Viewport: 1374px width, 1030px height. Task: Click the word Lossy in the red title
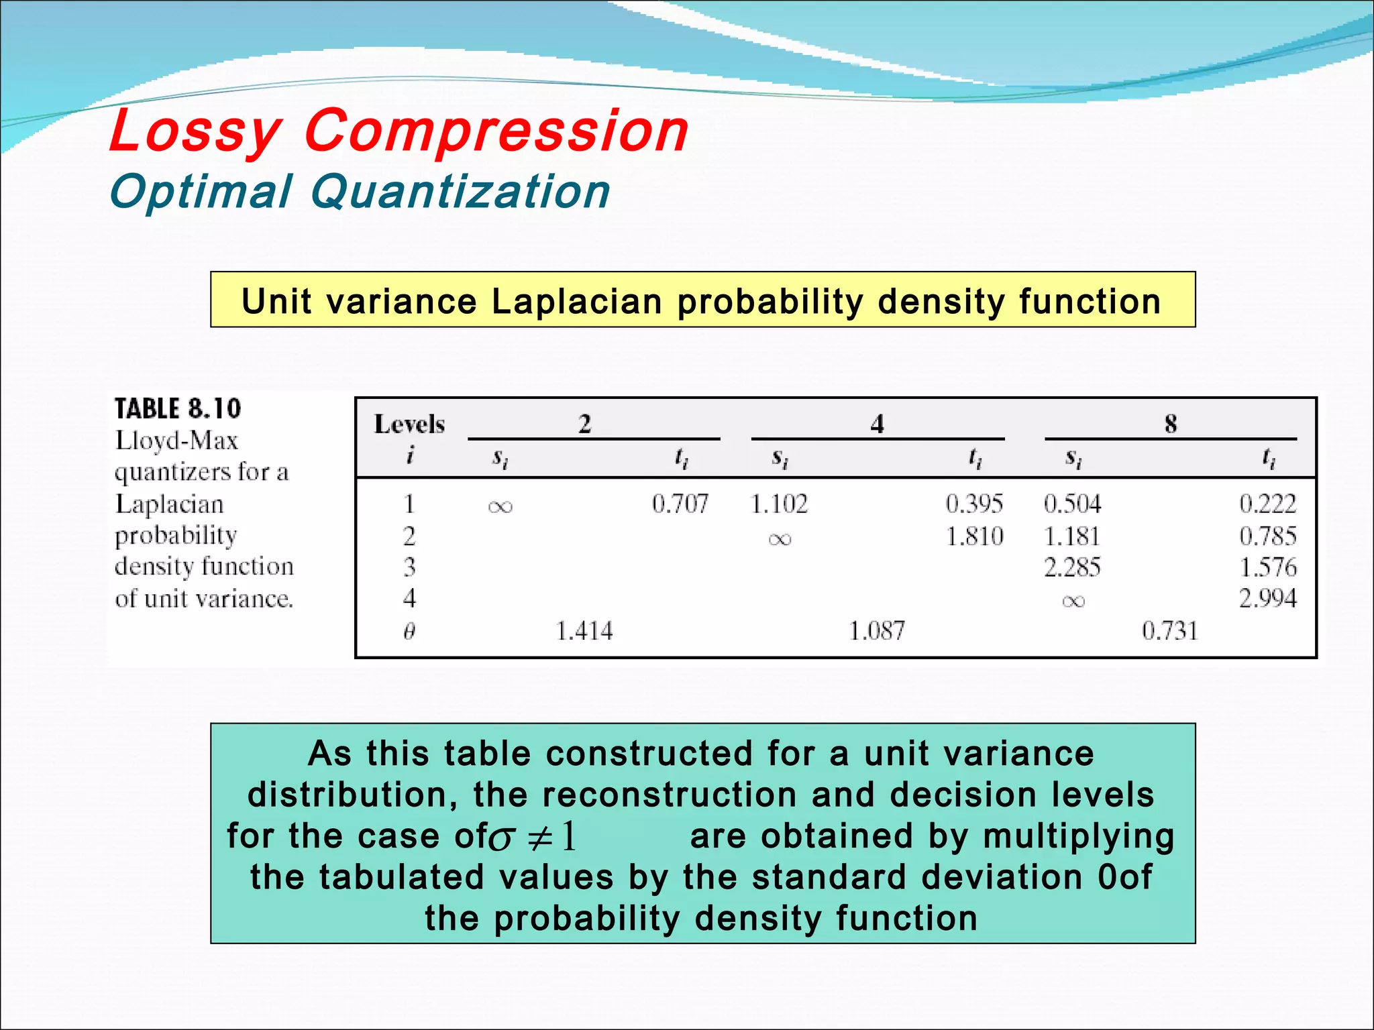[x=195, y=132]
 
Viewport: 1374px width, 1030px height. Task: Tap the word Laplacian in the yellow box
[x=576, y=301]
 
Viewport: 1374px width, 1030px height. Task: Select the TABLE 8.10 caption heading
[x=177, y=408]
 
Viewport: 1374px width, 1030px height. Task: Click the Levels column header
[x=409, y=424]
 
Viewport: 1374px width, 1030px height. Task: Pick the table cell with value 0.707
[x=680, y=504]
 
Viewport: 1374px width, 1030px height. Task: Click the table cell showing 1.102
[x=779, y=504]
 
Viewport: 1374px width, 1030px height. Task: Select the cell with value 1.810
[x=974, y=536]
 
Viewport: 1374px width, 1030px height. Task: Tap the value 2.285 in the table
[x=1072, y=568]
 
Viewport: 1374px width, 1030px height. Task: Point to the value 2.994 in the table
[x=1267, y=598]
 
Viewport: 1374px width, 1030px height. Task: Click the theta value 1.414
[x=584, y=631]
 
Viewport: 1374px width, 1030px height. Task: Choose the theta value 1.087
[x=876, y=631]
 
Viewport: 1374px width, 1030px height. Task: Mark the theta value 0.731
[x=1169, y=631]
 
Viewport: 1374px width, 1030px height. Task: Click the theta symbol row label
[x=409, y=631]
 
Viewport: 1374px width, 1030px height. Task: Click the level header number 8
[x=1170, y=424]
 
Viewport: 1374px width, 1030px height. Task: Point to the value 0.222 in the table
[x=1267, y=504]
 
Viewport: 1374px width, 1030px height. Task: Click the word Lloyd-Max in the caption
[x=176, y=441]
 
